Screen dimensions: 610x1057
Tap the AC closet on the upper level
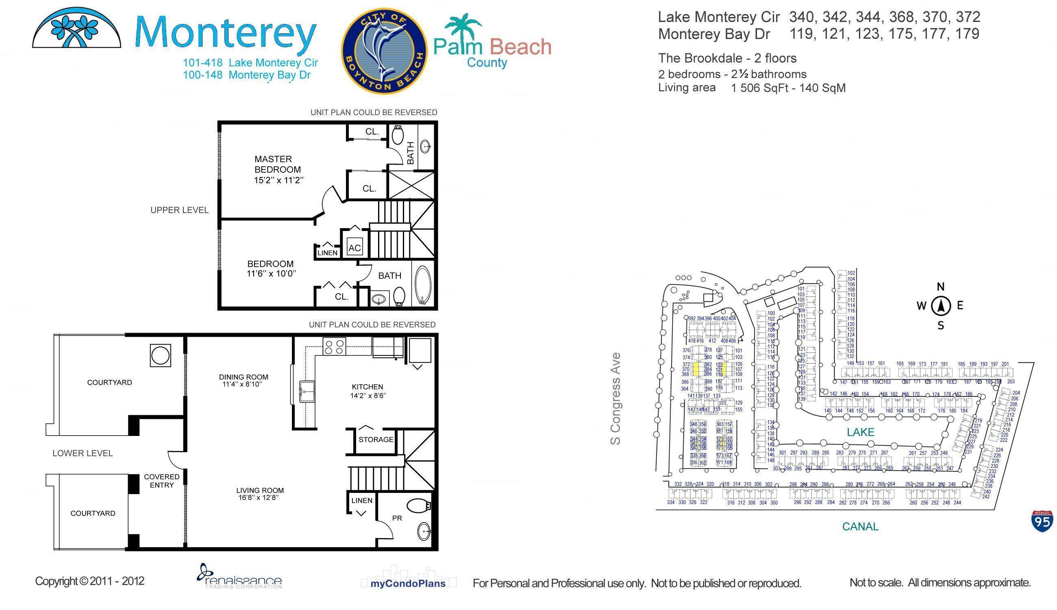point(354,248)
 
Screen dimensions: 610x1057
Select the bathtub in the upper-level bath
point(422,285)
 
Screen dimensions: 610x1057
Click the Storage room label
point(376,440)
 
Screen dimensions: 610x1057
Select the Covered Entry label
point(162,481)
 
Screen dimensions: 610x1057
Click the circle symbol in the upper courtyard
point(160,356)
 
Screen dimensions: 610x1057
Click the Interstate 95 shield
point(1042,521)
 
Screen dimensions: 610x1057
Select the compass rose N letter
point(941,287)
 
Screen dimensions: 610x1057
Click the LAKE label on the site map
point(860,432)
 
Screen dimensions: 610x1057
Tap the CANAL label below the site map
point(860,527)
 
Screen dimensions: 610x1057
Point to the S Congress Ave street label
point(615,399)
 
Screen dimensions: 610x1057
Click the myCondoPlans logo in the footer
point(408,583)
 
